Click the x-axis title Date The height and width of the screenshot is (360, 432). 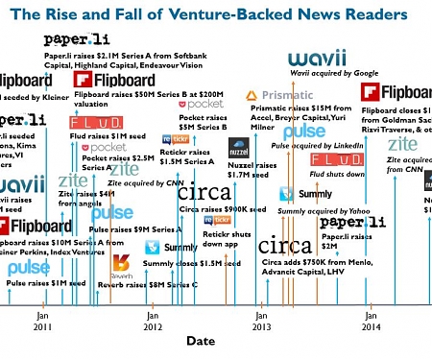click(201, 341)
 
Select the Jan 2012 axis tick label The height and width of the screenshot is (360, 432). click(153, 319)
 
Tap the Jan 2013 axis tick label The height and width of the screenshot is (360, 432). click(261, 319)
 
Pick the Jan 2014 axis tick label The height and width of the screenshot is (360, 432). click(370, 319)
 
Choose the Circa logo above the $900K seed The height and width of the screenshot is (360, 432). click(204, 192)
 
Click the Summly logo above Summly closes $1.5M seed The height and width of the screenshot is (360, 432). click(177, 249)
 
